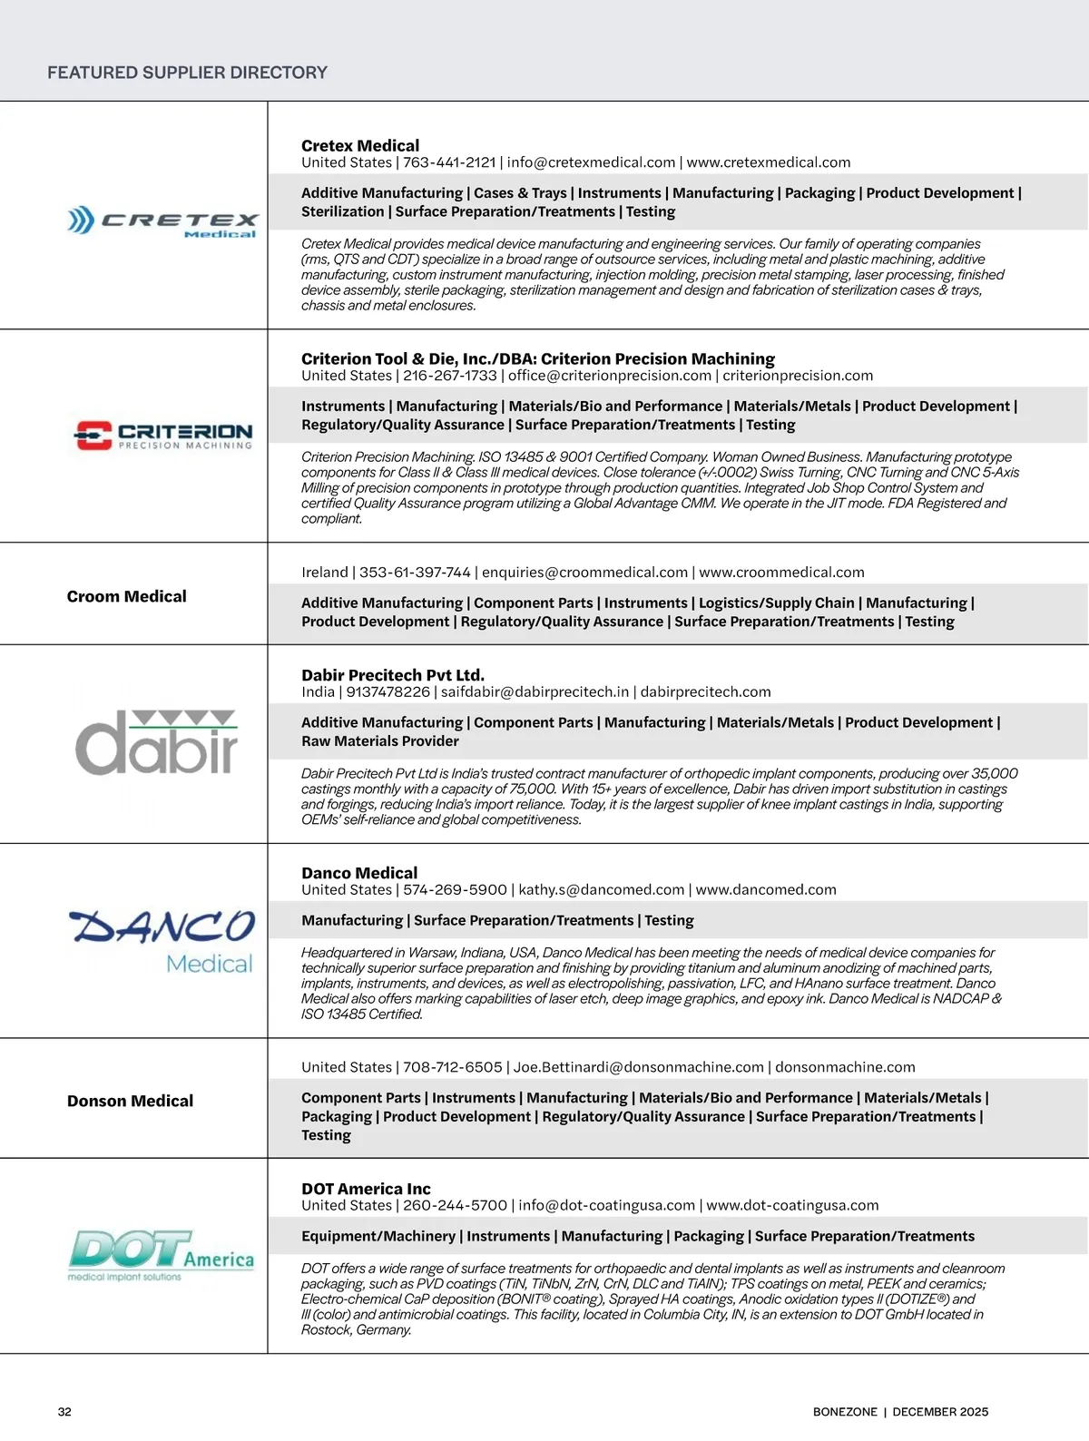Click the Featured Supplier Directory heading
click(x=187, y=73)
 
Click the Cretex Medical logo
click(x=162, y=222)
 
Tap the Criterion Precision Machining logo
click(x=163, y=436)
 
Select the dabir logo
click(x=156, y=742)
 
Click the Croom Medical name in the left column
click(x=127, y=596)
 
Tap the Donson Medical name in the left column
click(x=130, y=1101)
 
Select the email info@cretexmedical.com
click(x=591, y=162)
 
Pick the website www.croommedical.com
click(x=781, y=573)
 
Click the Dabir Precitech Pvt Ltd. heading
click(x=393, y=675)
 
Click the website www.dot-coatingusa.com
click(x=792, y=1206)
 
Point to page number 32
click(x=64, y=1412)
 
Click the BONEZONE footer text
click(x=845, y=1412)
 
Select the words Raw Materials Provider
click(x=380, y=741)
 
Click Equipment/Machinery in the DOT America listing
click(x=378, y=1236)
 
